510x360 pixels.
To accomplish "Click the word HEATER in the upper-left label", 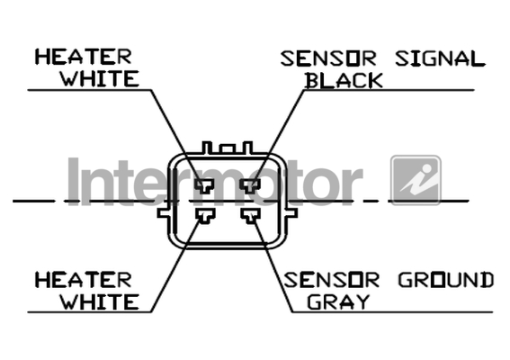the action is point(84,57).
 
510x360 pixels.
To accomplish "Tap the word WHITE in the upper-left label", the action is point(100,78).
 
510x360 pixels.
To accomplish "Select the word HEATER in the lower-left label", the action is point(84,280).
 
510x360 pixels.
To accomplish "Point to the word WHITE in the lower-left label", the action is point(100,301).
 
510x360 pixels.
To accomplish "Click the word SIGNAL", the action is point(440,58).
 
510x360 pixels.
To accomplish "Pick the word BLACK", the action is point(344,80).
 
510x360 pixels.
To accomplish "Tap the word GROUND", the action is point(446,280).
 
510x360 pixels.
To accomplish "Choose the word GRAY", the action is point(338,301).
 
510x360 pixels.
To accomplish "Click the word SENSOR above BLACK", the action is point(328,58).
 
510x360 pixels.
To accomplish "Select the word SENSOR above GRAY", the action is point(331,280).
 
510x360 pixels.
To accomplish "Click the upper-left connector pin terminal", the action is point(204,186).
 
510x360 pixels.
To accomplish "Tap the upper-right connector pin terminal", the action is point(250,186).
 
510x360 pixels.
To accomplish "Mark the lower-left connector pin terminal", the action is point(205,216).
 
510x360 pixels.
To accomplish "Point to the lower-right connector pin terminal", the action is point(250,216).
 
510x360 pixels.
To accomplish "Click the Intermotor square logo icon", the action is point(416,180).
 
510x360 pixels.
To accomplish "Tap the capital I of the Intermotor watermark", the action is point(74,181).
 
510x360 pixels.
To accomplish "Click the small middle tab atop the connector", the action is point(227,149).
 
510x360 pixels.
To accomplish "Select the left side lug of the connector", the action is point(164,213).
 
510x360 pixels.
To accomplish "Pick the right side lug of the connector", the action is point(291,213).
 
